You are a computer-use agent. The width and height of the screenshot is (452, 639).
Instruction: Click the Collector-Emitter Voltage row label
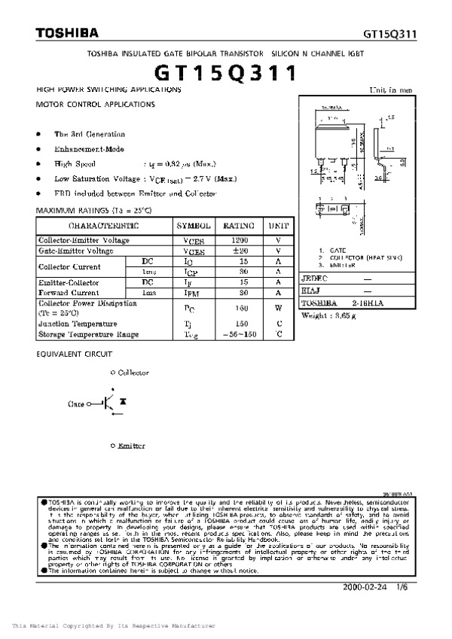click(x=84, y=240)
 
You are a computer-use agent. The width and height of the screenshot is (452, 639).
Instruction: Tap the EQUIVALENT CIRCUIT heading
click(x=74, y=353)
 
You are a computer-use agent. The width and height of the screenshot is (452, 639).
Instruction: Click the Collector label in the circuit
click(x=133, y=373)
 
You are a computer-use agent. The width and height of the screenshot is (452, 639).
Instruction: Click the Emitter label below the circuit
click(x=130, y=446)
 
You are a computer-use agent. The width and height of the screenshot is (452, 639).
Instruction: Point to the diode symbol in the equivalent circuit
click(x=122, y=403)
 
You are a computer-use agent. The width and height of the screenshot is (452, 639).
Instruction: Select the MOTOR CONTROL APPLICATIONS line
click(x=96, y=105)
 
